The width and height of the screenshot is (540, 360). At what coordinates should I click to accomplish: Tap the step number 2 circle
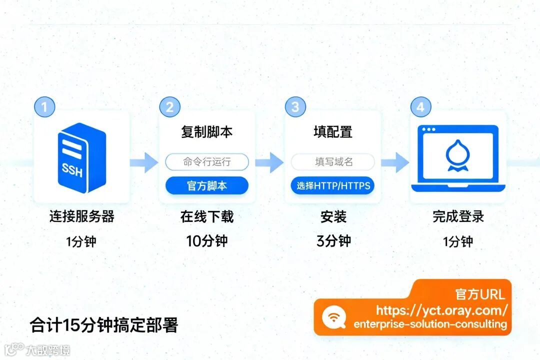tap(170, 106)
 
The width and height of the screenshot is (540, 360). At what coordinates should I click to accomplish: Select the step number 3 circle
tap(295, 106)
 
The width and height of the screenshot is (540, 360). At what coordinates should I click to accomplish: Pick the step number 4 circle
tap(420, 106)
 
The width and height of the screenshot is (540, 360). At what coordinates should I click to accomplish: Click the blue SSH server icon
tap(81, 157)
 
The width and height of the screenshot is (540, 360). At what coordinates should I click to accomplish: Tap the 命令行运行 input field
tap(207, 162)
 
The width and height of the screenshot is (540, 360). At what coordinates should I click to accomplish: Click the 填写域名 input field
tap(332, 162)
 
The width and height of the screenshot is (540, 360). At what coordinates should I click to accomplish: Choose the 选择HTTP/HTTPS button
tap(332, 186)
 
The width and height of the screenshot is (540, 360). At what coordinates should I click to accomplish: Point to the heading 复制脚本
tap(207, 132)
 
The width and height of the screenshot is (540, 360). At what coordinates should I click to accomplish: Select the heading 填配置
tap(332, 132)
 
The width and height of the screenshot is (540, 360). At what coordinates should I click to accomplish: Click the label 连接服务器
tap(81, 216)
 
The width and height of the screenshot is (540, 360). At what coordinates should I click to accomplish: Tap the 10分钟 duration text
tap(207, 241)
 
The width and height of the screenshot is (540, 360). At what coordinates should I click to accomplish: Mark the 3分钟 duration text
tap(333, 241)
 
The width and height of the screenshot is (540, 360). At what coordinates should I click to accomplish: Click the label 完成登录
tap(458, 216)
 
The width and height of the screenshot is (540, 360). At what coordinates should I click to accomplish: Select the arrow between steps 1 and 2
tap(143, 162)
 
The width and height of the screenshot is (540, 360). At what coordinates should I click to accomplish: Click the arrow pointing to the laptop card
tap(395, 162)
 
